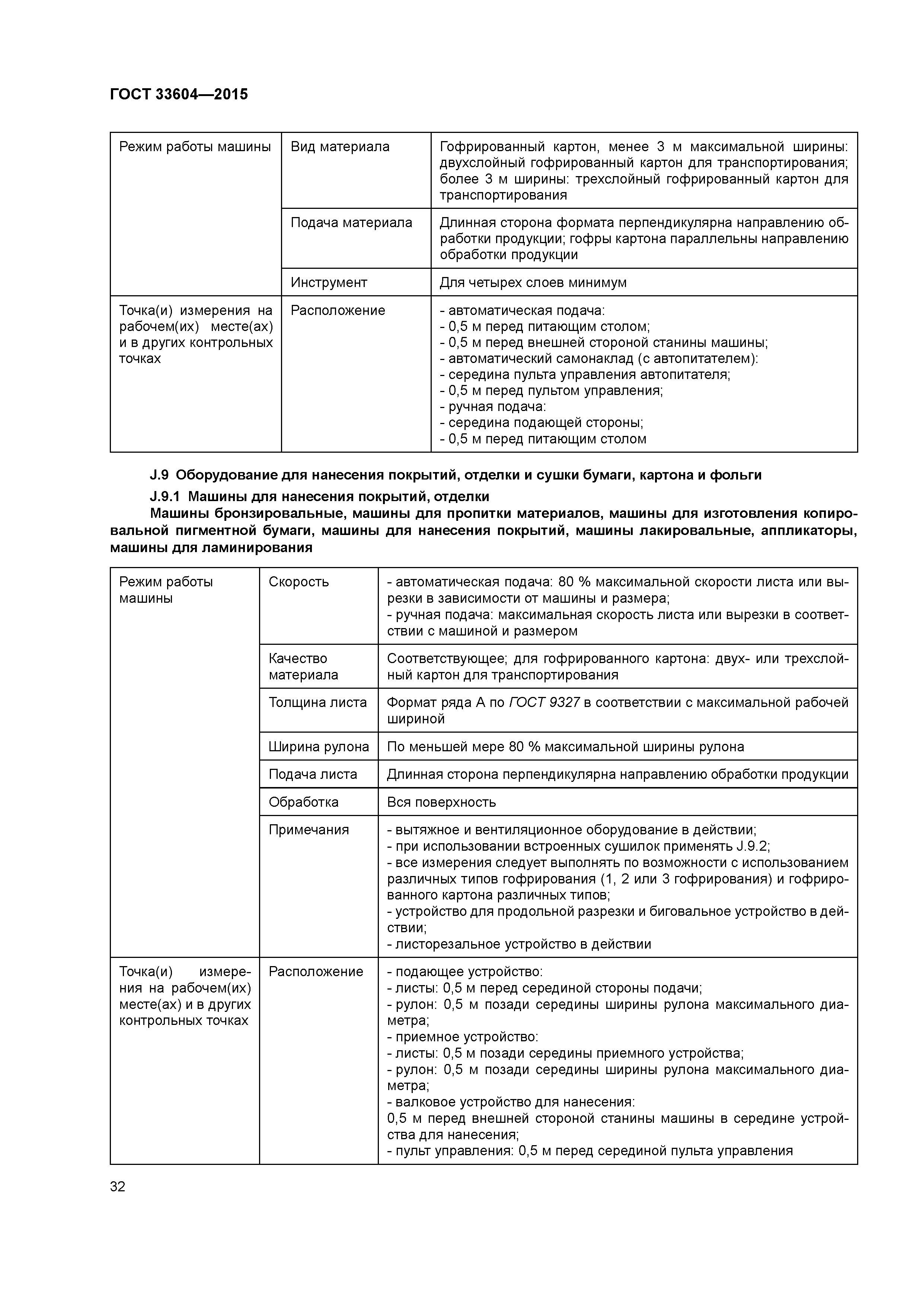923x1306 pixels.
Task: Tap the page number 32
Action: point(118,1186)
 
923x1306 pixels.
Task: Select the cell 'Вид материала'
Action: point(340,147)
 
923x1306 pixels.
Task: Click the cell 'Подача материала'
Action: point(351,222)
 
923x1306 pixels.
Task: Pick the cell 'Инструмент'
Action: point(329,282)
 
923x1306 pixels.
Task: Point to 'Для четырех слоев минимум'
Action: point(533,282)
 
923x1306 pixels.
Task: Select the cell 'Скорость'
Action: point(298,582)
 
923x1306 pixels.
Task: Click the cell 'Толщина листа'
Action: point(317,703)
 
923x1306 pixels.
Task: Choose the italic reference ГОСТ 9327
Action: point(544,703)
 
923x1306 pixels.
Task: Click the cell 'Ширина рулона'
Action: point(319,746)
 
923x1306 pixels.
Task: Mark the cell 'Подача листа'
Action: point(313,774)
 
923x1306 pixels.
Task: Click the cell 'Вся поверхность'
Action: point(441,802)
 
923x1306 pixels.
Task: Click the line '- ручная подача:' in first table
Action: point(492,407)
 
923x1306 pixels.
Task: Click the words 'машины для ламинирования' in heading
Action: point(211,548)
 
